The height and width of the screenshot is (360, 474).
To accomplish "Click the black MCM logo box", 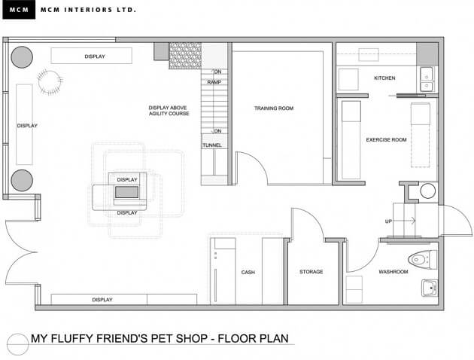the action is [19, 10].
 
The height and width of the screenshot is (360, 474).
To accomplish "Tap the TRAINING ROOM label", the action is [274, 108].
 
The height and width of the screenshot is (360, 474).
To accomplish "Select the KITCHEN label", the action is [384, 78].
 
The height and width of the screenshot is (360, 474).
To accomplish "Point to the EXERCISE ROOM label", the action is [386, 140].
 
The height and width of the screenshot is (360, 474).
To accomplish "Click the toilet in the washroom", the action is [422, 259].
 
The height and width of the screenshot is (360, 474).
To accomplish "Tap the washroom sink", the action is [430, 288].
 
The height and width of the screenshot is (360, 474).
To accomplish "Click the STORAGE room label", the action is [311, 272].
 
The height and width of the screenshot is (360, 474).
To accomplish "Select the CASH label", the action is [248, 273].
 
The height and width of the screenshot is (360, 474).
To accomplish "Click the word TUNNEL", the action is [212, 145].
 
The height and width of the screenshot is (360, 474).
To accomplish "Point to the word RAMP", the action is [214, 82].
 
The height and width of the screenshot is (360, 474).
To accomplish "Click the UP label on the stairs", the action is [388, 221].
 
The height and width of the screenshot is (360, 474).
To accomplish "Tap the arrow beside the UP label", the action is [404, 221].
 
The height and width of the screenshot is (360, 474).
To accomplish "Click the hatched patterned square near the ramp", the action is [185, 56].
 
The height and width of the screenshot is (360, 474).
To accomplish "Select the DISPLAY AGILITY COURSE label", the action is [169, 111].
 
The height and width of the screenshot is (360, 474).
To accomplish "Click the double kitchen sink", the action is [427, 79].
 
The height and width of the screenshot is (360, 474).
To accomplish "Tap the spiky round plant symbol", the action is [50, 82].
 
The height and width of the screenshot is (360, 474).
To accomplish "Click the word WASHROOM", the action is [393, 272].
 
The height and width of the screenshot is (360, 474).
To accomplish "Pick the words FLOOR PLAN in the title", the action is [254, 338].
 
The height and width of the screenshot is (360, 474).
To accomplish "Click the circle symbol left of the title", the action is [18, 345].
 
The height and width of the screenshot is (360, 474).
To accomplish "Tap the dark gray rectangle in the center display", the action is [126, 192].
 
